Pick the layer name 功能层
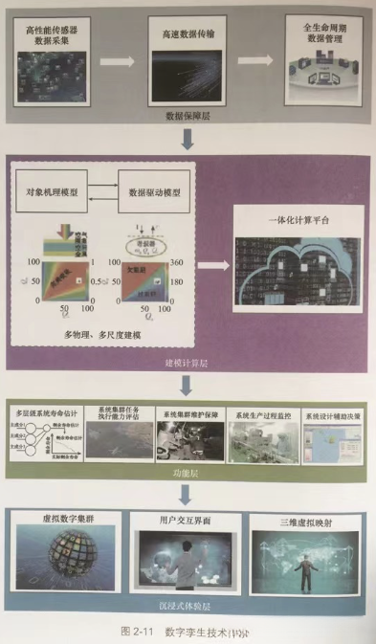[x=187, y=472]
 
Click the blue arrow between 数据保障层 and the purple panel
[x=188, y=140]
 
